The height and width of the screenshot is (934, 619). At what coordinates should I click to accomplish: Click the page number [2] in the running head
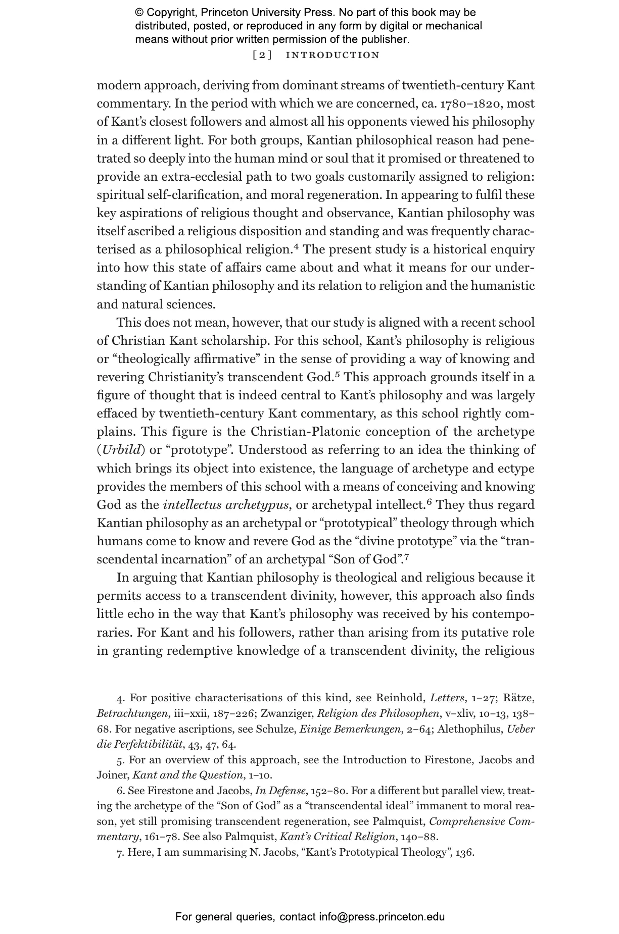[262, 55]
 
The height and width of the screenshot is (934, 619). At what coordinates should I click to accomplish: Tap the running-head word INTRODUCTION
[332, 55]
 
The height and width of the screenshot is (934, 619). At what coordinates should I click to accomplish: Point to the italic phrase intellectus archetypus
[225, 505]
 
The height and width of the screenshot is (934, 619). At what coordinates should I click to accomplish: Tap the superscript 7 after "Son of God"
[406, 557]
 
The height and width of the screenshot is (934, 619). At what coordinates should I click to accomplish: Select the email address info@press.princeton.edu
[382, 917]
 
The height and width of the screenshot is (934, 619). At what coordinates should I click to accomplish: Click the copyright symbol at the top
[139, 13]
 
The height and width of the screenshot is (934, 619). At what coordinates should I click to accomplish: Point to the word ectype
[515, 469]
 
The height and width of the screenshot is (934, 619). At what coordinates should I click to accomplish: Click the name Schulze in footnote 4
[275, 729]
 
